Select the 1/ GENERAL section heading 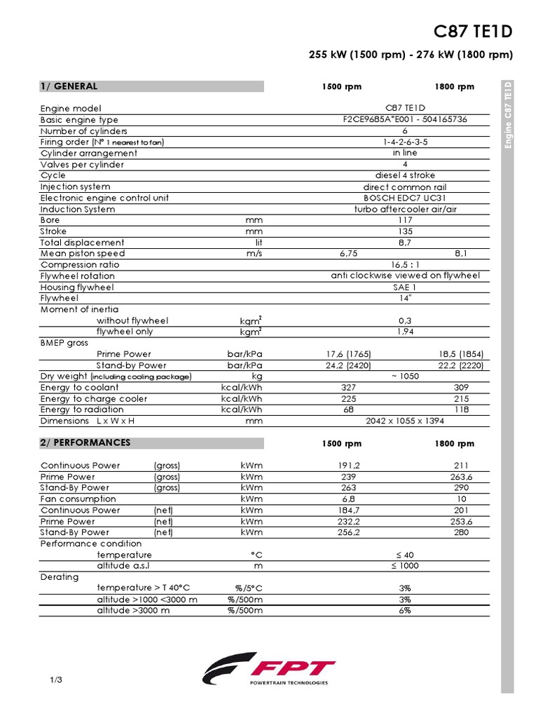tap(69, 86)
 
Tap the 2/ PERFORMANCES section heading tap(85, 443)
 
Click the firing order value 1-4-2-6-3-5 tap(405, 142)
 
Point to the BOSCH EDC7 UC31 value tap(405, 198)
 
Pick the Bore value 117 tap(405, 220)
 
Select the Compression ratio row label tap(80, 265)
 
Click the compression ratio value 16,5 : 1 tap(405, 265)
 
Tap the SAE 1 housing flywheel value tap(405, 287)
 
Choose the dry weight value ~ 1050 tap(405, 377)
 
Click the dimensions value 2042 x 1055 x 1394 tap(405, 421)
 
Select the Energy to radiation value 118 tap(461, 409)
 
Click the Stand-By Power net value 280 tap(461, 532)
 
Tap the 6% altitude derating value tap(405, 611)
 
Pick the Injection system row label tap(75, 187)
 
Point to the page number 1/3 tap(57, 680)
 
